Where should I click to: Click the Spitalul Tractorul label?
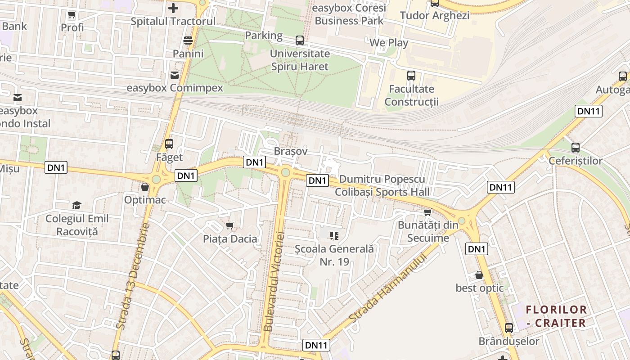173,21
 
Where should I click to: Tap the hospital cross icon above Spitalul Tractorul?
173,8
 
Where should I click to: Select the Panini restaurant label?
188,54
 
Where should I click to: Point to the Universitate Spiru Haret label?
300,60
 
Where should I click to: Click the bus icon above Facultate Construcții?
411,75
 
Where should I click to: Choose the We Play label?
389,43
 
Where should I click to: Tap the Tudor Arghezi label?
434,15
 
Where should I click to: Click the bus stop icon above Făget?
169,144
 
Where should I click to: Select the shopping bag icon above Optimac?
145,186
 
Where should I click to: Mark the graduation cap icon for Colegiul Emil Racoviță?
77,205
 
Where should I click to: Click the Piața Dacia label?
230,238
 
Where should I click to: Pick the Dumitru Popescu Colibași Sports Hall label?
382,185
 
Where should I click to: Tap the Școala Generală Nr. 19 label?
334,255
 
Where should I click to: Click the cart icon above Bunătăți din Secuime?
427,212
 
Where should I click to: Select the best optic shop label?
480,288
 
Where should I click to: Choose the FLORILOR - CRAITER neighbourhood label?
556,316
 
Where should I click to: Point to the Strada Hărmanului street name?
387,286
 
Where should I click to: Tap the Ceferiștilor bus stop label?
575,161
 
